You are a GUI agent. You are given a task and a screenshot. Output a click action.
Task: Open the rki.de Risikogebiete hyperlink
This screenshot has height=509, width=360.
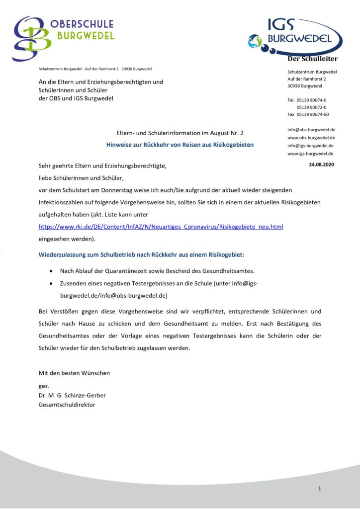[161, 227]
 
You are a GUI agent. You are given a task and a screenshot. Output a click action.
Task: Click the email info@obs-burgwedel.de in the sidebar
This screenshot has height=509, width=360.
[311, 130]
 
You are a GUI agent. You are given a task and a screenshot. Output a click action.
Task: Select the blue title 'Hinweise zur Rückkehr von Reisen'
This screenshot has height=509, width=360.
[180, 145]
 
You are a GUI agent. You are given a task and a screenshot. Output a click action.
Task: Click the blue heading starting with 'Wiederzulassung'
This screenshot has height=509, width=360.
[141, 254]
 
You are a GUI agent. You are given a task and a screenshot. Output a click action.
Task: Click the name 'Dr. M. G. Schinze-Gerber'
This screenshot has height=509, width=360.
[72, 395]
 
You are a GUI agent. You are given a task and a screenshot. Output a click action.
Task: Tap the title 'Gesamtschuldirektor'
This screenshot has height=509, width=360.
[67, 404]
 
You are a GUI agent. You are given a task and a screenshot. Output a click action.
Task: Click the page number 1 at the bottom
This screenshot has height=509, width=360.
[320, 489]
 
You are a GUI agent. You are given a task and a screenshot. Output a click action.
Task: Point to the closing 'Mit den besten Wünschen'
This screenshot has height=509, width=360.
[74, 373]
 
